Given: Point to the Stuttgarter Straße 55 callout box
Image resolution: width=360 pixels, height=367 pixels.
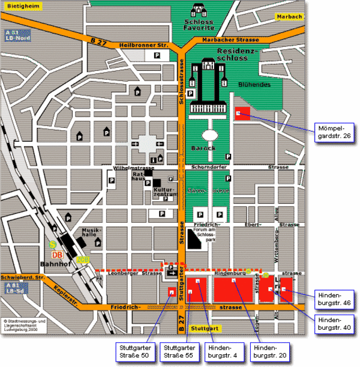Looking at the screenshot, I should pyautogui.click(x=179, y=352).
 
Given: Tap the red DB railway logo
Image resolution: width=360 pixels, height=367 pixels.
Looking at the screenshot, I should pyautogui.click(x=57, y=253).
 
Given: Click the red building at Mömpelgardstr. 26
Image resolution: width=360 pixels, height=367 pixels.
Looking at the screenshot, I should pyautogui.click(x=241, y=112).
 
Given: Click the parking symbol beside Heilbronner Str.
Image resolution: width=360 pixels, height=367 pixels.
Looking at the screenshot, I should pyautogui.click(x=158, y=55).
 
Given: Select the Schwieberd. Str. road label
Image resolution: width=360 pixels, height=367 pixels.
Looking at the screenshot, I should pyautogui.click(x=23, y=278).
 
